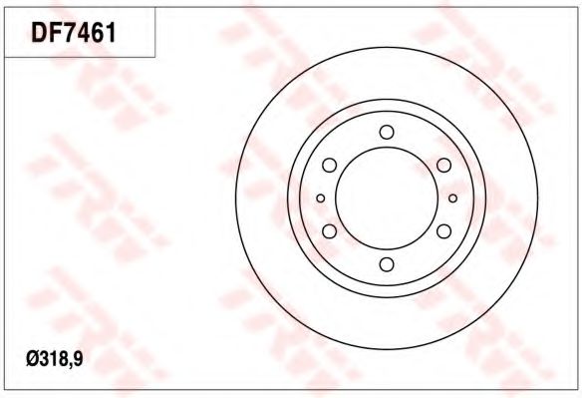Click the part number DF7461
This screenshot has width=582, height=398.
coord(74,33)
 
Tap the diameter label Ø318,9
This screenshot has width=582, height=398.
coord(55,359)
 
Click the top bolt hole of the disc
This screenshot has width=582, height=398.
coord(387,132)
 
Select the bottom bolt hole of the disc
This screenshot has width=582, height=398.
coord(387,264)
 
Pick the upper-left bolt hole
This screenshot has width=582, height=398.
coord(329,165)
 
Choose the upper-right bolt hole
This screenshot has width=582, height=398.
coord(443,165)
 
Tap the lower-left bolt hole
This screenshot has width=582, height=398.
coord(329,231)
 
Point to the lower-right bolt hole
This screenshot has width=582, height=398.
coord(443,231)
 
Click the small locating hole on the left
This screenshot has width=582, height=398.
coord(321,199)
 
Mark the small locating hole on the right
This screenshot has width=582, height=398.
coord(452,199)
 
